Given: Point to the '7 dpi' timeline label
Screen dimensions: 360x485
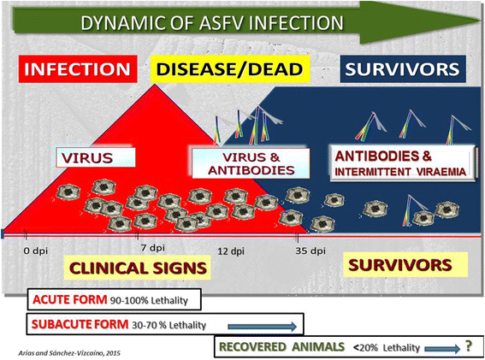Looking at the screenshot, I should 151,248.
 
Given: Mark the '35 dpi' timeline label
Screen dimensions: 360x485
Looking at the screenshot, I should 311,251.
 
